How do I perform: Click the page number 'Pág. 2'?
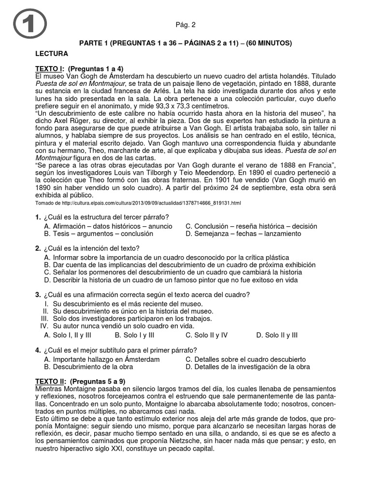click(x=185, y=25)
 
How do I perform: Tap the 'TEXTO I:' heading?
click(x=52, y=69)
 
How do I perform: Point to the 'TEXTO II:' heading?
click(x=54, y=381)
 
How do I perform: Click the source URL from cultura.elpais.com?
click(x=138, y=204)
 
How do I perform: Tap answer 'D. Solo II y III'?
click(x=277, y=335)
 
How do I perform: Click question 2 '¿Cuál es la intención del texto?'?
click(x=87, y=248)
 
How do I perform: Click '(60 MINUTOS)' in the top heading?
click(x=269, y=43)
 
